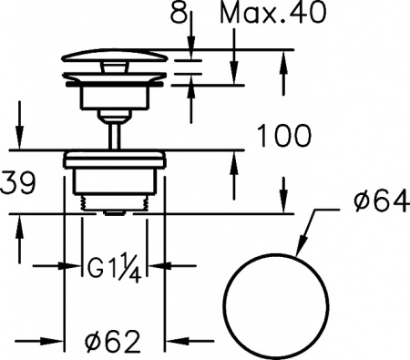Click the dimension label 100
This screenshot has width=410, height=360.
click(284, 136)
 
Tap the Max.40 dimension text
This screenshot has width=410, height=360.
click(272, 13)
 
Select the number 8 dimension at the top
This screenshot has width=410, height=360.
click(179, 12)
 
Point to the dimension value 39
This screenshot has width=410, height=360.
click(18, 183)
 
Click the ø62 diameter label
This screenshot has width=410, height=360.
click(113, 341)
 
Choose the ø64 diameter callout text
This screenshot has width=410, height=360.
click(380, 201)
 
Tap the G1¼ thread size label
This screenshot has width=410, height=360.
click(114, 267)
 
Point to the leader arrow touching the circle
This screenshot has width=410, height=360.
click(306, 231)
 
